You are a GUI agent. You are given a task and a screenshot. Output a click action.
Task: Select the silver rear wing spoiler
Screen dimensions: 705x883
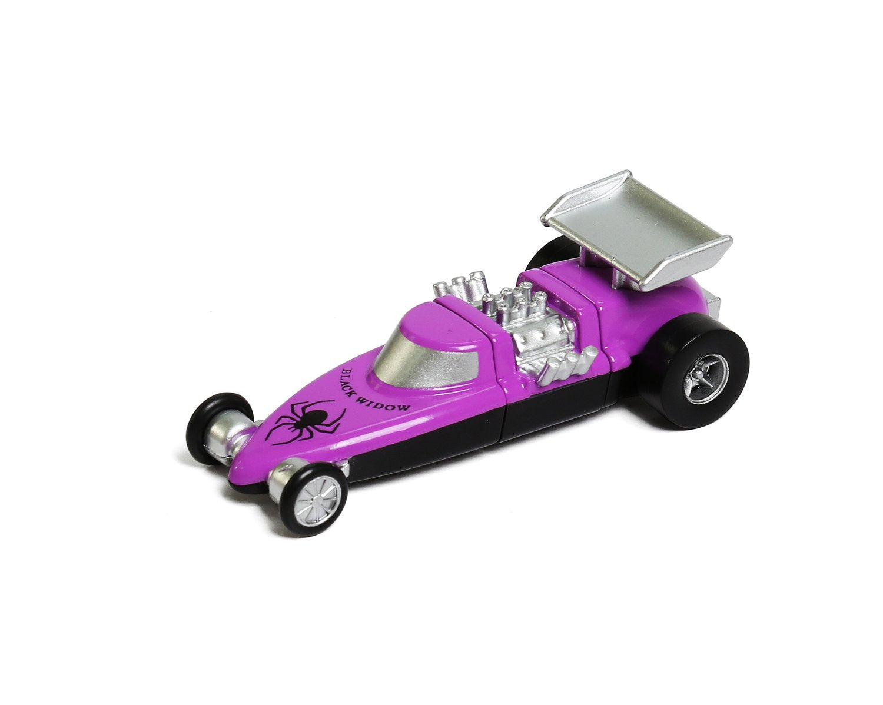636,230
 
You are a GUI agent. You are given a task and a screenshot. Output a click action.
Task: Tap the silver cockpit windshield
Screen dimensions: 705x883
406,356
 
